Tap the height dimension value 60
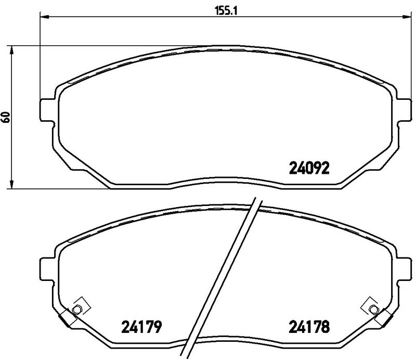(x=6, y=117)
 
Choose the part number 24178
(x=309, y=327)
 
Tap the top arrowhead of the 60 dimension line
(x=12, y=49)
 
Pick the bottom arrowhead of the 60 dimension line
(x=12, y=185)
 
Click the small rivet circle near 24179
(x=77, y=310)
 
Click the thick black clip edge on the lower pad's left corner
(x=63, y=318)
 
